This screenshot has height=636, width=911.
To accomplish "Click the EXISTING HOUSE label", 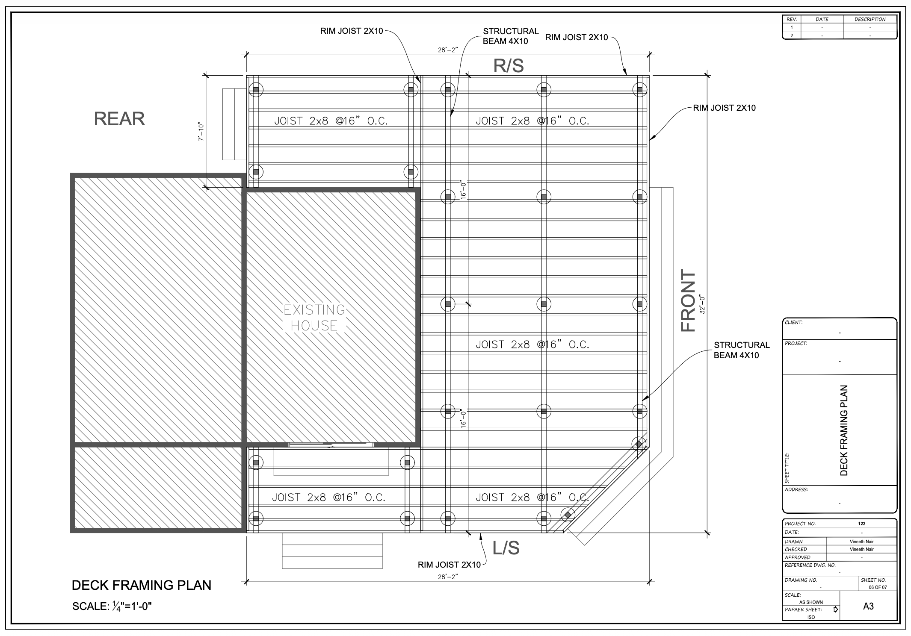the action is pos(314,318).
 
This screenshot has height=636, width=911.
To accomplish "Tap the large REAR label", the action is pos(119,119).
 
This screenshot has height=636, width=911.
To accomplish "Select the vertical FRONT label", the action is pos(688,300).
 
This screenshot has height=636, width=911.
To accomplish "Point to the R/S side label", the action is pos(509,65).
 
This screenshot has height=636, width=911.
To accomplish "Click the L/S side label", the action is pos(506,548).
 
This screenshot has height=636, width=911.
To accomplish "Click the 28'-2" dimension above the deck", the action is pos(448,50).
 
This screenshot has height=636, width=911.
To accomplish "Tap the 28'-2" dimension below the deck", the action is pos(448,577).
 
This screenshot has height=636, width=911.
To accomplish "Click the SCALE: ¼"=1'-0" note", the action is pos(112,606).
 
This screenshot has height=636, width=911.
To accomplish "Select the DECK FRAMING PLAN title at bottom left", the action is pos(142,585).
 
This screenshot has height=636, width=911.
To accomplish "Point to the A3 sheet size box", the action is pos(868,606).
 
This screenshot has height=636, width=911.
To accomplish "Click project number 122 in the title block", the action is pos(861,524).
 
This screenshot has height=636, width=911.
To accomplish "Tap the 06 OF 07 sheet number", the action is pos(878,587).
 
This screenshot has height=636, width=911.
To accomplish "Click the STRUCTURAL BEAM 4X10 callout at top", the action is pos(511,36).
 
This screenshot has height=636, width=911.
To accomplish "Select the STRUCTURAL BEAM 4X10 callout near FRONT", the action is pos(742,350).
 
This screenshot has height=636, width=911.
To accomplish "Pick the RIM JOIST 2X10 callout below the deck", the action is pos(449,565).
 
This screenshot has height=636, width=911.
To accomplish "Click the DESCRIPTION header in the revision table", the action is pos(870,19).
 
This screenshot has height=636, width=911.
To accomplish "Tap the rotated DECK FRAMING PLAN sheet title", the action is pos(844,430).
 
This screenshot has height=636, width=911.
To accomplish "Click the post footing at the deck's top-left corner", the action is pos(256,90).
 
